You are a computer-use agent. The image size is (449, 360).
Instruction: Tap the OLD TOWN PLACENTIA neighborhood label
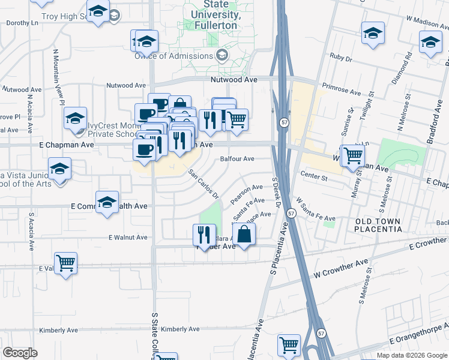tap(378, 226)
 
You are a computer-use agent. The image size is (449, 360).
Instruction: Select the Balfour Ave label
tap(238, 159)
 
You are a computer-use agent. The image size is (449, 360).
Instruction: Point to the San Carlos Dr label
tap(203, 184)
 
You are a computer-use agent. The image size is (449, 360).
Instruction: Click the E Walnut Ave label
tap(128, 238)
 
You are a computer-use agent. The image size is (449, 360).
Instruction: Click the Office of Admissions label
tap(174, 56)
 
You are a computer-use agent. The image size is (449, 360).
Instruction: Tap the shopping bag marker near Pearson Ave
tap(244, 234)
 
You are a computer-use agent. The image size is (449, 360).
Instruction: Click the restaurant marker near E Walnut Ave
tap(204, 234)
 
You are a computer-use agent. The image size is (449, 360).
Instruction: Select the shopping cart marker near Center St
tap(352, 155)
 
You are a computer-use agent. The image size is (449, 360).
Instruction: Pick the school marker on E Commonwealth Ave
tap(107, 203)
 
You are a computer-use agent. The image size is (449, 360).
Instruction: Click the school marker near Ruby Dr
tap(373, 32)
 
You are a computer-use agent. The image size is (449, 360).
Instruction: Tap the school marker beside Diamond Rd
tap(430, 42)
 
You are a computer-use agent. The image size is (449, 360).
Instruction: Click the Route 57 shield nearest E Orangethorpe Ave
tap(322, 333)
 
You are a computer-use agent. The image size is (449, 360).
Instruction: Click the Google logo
tap(20, 353)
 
